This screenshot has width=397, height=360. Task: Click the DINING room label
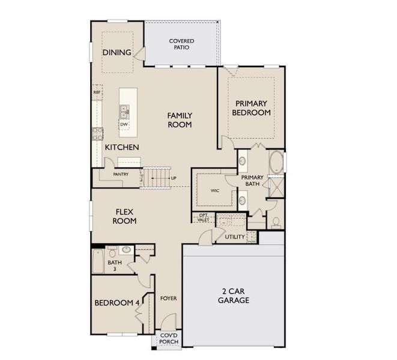(x=117, y=52)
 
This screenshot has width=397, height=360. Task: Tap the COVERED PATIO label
(x=181, y=44)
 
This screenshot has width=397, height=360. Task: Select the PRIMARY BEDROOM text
(x=251, y=108)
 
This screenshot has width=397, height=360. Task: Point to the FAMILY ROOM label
(x=180, y=120)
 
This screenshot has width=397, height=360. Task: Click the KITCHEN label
(x=122, y=147)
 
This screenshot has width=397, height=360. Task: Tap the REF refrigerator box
(x=97, y=92)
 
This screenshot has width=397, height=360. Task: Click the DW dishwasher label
(x=124, y=124)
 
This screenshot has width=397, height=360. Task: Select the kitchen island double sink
(x=124, y=112)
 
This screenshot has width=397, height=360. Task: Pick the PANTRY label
(x=121, y=175)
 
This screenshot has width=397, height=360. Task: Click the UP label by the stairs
(x=174, y=178)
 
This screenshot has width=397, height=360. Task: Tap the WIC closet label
(x=215, y=191)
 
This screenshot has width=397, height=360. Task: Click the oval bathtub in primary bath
(x=276, y=162)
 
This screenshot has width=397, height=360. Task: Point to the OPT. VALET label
(x=203, y=218)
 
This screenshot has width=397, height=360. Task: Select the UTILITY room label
(x=235, y=237)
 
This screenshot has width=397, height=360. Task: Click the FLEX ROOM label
(x=124, y=217)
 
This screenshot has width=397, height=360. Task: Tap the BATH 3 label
(x=115, y=266)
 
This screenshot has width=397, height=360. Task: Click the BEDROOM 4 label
(x=117, y=303)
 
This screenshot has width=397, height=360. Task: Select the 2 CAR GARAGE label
(x=234, y=296)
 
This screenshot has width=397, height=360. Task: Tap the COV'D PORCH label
(x=169, y=338)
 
